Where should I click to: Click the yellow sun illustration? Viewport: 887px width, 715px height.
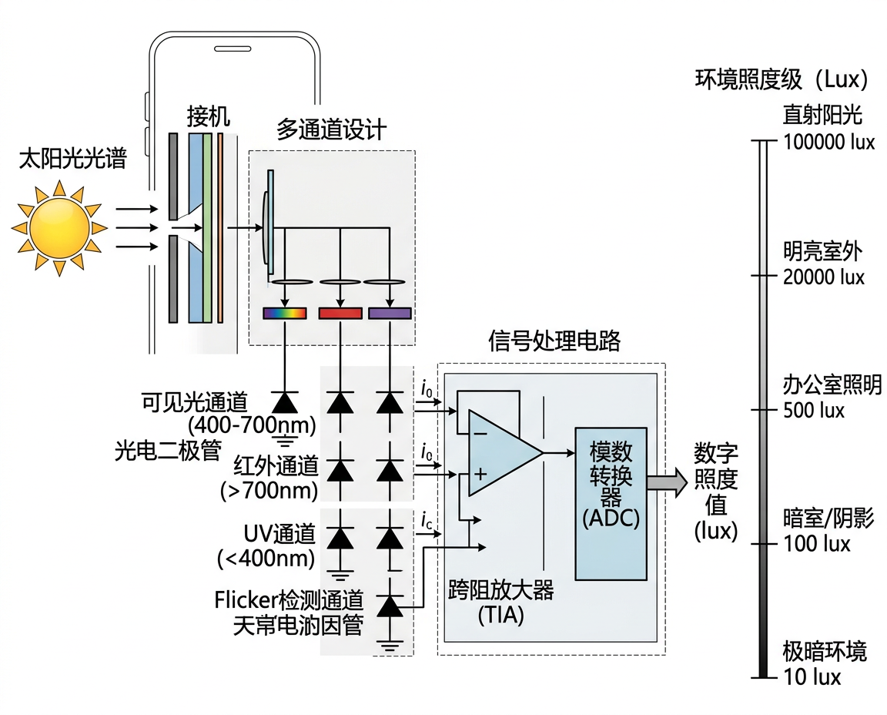click(59, 227)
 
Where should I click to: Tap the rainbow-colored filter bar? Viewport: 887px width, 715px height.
click(285, 314)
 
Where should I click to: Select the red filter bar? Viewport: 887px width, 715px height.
click(340, 314)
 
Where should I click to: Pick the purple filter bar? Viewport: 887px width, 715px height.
click(390, 314)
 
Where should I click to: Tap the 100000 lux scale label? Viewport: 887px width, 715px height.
click(828, 143)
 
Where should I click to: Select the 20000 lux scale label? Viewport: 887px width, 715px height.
click(824, 277)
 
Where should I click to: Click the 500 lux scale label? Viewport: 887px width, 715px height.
click(814, 410)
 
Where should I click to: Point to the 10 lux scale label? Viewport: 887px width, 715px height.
click(812, 676)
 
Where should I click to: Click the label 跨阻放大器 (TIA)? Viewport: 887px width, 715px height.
click(500, 603)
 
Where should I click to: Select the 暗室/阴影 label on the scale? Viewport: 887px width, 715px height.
click(828, 519)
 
